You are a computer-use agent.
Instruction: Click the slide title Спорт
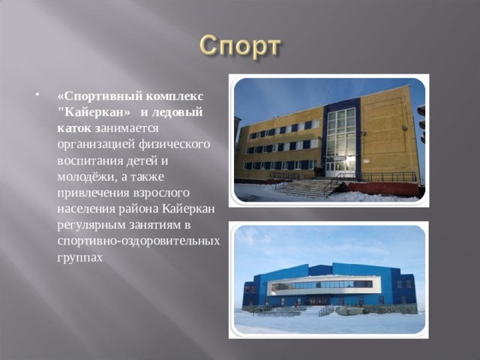point(240,46)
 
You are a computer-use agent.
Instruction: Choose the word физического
point(166,144)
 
